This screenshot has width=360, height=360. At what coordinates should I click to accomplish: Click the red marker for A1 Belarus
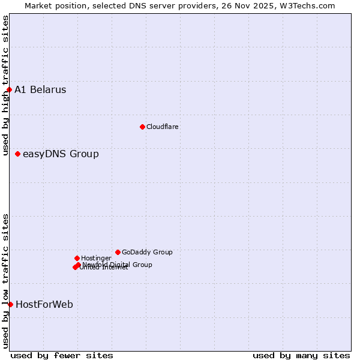(9, 90)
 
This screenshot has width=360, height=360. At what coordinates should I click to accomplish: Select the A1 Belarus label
(40, 90)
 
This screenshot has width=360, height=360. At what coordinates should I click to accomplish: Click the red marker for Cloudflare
(142, 127)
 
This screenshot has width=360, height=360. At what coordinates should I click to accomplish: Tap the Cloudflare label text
(162, 127)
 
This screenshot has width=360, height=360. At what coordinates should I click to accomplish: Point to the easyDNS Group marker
(17, 154)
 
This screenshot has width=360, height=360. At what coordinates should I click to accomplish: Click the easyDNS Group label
(61, 154)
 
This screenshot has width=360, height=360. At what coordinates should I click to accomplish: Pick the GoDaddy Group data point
(118, 253)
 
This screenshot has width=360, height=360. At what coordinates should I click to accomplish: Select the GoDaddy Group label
(147, 253)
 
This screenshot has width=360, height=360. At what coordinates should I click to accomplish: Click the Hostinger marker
(77, 258)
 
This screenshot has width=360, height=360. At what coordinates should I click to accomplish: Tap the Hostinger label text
(96, 258)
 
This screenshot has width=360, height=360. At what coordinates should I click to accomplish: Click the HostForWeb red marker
(10, 305)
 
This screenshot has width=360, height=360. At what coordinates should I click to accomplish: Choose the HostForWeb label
(44, 305)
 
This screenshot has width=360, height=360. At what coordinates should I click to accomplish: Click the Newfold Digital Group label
(118, 265)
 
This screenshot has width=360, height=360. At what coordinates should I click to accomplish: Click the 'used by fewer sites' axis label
(62, 356)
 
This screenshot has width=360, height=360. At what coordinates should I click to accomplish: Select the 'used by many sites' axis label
(301, 356)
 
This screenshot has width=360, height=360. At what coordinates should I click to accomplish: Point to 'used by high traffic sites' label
(5, 86)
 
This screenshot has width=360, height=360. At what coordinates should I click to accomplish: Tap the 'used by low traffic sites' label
(5, 281)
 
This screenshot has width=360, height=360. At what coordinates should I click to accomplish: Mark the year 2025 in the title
(268, 6)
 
